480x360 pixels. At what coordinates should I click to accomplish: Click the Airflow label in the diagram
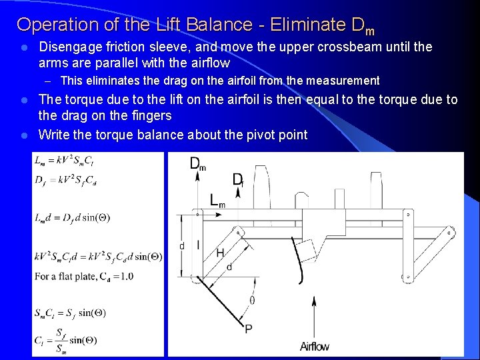click(x=315, y=346)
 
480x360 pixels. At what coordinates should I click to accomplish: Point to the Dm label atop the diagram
click(x=198, y=164)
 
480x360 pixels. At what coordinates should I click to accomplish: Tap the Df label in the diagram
click(x=238, y=179)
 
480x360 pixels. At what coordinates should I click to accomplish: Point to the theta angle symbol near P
click(x=252, y=300)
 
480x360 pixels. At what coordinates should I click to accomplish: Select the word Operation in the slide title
click(x=54, y=25)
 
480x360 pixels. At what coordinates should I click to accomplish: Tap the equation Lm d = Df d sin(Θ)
click(x=72, y=217)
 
